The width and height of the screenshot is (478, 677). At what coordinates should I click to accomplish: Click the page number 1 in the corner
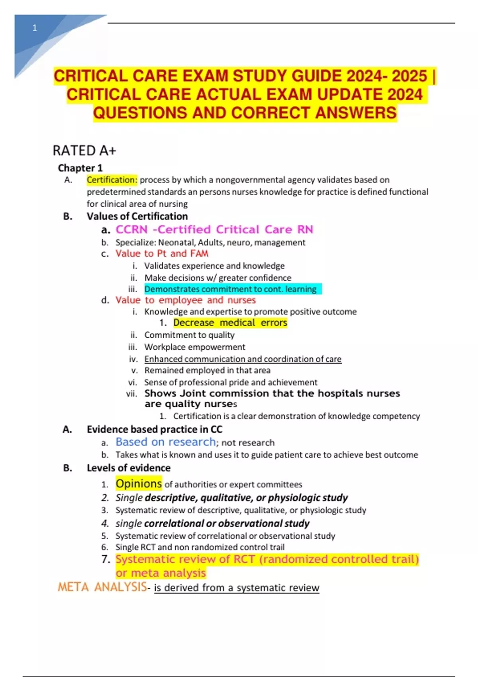(35, 28)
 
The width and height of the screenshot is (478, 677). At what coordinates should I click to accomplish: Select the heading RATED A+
(84, 151)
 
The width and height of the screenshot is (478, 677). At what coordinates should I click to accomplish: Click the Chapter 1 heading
(80, 168)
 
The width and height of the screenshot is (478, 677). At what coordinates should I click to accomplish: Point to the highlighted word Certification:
(112, 180)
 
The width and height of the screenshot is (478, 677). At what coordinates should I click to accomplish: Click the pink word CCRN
(131, 229)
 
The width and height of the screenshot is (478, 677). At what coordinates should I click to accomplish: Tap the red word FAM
(199, 254)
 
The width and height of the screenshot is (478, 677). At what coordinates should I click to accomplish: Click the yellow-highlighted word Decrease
(194, 323)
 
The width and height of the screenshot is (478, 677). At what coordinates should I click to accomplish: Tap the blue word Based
(131, 442)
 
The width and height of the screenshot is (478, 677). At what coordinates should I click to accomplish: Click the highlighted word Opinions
(139, 484)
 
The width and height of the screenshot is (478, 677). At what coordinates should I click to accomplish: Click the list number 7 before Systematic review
(105, 559)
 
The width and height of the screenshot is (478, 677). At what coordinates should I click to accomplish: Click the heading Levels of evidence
(128, 468)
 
